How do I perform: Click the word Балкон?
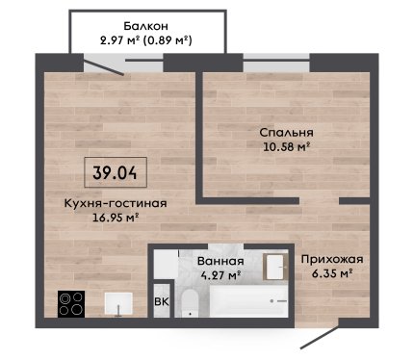point(145,26)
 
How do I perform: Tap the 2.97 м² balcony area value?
point(119,40)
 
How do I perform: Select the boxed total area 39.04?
point(116,172)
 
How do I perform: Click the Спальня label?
point(286,133)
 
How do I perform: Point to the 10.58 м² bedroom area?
point(286,147)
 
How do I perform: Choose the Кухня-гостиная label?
point(116,203)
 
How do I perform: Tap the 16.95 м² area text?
point(116,218)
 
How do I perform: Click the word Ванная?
point(220,261)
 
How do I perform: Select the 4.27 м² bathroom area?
point(220,275)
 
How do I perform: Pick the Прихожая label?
point(332,259)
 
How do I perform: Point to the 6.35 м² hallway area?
point(333,273)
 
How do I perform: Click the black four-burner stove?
point(71,304)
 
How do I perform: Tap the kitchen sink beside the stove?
point(118,303)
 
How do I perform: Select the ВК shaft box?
point(162,301)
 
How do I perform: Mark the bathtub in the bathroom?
point(248,301)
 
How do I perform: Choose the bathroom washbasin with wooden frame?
point(275,267)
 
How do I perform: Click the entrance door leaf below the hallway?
point(320,337)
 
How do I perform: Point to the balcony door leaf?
point(104,65)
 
